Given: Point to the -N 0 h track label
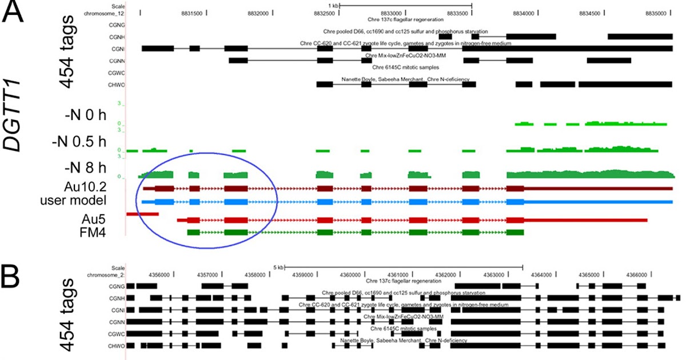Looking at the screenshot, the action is pyautogui.click(x=85, y=115).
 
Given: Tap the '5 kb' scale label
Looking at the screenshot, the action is pyautogui.click(x=278, y=267).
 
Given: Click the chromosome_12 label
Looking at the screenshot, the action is pyautogui.click(x=103, y=12).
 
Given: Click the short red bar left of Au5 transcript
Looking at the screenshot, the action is pyautogui.click(x=142, y=214).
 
